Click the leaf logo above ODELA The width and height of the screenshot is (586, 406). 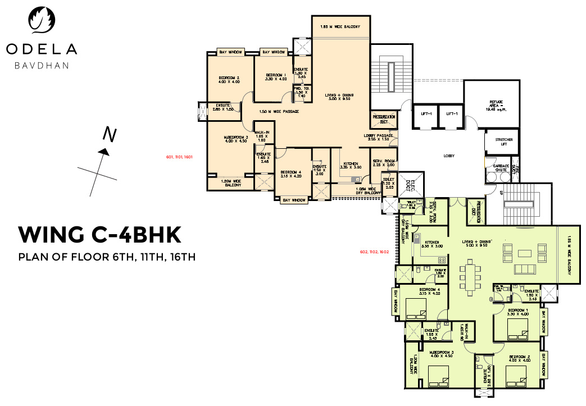[x=42, y=21]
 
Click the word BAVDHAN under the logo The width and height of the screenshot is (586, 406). [x=42, y=66]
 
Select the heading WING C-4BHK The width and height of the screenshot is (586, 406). [x=99, y=234]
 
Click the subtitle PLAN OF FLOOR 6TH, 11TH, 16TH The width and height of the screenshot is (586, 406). [x=107, y=258]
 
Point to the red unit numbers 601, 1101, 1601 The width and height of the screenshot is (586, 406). [x=180, y=157]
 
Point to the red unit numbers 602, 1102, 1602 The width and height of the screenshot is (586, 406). [x=374, y=252]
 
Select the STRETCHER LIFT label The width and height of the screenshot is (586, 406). [x=499, y=142]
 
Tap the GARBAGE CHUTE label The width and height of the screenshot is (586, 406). [x=501, y=168]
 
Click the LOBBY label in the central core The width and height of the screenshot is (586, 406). [x=448, y=156]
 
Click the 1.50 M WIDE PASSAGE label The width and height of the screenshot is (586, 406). [x=279, y=112]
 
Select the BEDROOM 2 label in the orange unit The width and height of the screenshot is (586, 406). [x=229, y=80]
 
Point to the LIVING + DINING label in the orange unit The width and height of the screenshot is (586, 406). [x=339, y=97]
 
